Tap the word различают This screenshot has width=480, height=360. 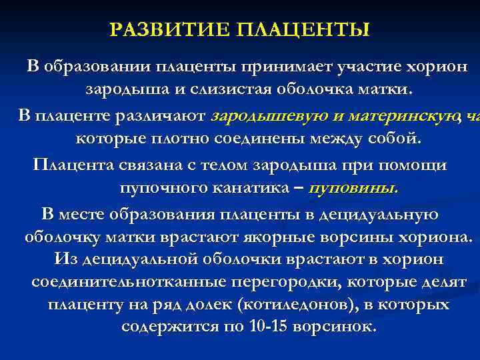(x=166, y=116)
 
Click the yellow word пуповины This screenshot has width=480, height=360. (x=360, y=187)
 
